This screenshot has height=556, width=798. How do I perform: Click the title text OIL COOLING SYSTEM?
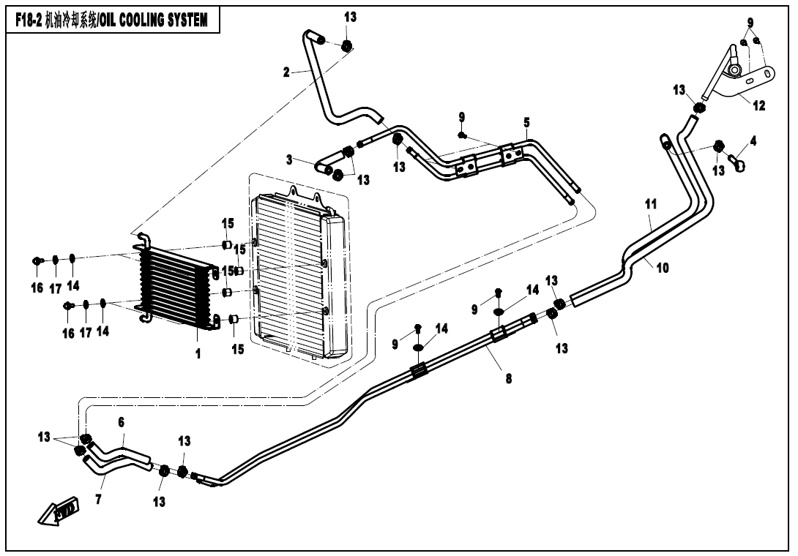[153, 20]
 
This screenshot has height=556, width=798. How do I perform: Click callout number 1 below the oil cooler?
[198, 354]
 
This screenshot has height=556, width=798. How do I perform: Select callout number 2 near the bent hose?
[287, 72]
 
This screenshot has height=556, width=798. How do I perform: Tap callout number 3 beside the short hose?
[290, 159]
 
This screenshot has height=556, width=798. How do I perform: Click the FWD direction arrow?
[59, 512]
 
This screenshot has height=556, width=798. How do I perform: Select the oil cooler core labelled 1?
[176, 285]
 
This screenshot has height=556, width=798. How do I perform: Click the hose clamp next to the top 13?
[347, 46]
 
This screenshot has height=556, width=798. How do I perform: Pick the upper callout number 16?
[37, 288]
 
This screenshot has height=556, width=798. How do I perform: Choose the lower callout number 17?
[86, 331]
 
